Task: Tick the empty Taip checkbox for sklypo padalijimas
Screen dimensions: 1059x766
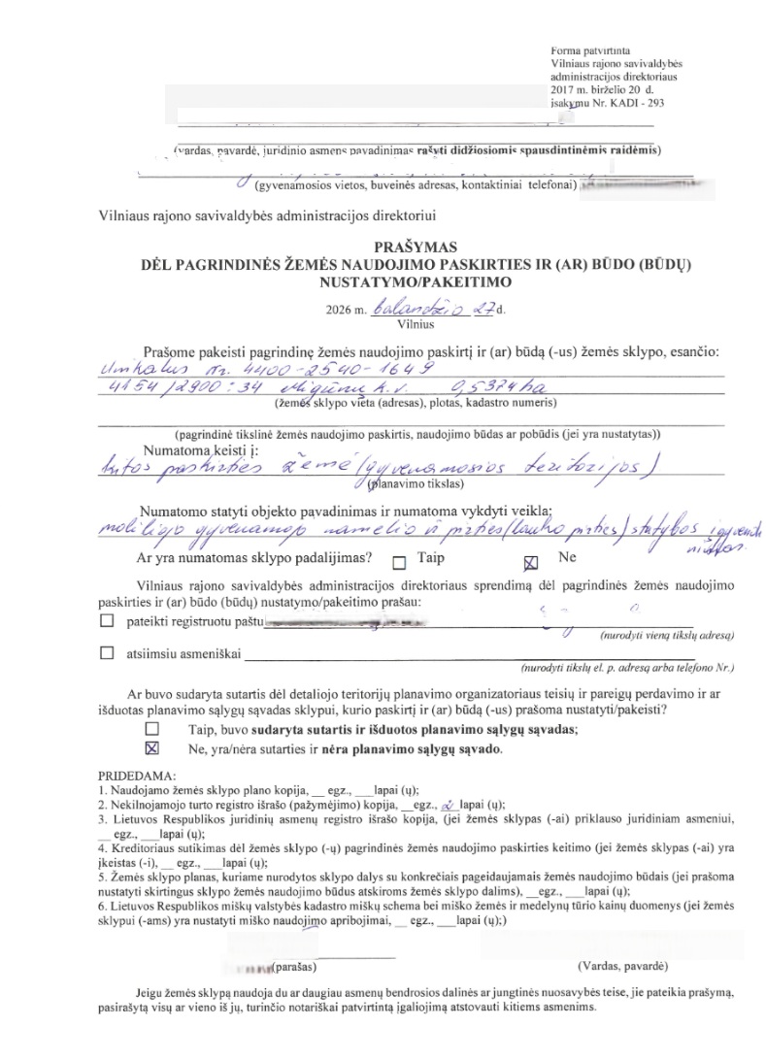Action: [399, 562]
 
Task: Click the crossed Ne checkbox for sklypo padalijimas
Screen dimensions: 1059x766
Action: [530, 562]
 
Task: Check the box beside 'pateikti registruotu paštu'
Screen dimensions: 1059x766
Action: [107, 620]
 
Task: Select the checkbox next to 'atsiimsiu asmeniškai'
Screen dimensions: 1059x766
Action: [107, 654]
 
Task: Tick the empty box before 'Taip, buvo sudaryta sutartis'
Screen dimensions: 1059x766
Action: [150, 727]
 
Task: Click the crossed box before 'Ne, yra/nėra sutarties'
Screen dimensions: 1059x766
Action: [150, 748]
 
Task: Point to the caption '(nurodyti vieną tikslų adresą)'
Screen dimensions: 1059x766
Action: [662, 635]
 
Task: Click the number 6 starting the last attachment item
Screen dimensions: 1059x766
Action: [102, 904]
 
